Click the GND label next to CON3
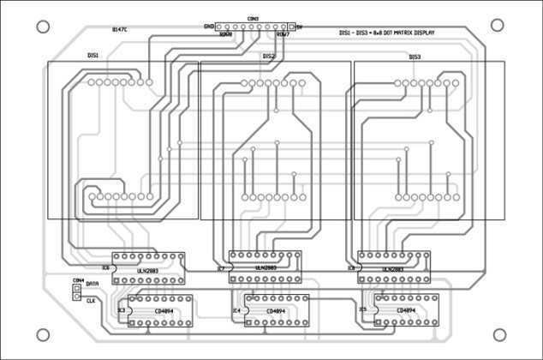208,27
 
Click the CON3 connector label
253,18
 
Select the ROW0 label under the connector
225,35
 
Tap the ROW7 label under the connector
283,35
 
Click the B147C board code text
120,30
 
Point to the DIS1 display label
92,55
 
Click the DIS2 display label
269,57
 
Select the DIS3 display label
415,57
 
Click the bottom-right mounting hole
498,334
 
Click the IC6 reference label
105,267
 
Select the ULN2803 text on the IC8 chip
392,268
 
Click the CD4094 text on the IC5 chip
407,310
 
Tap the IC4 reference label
237,310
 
